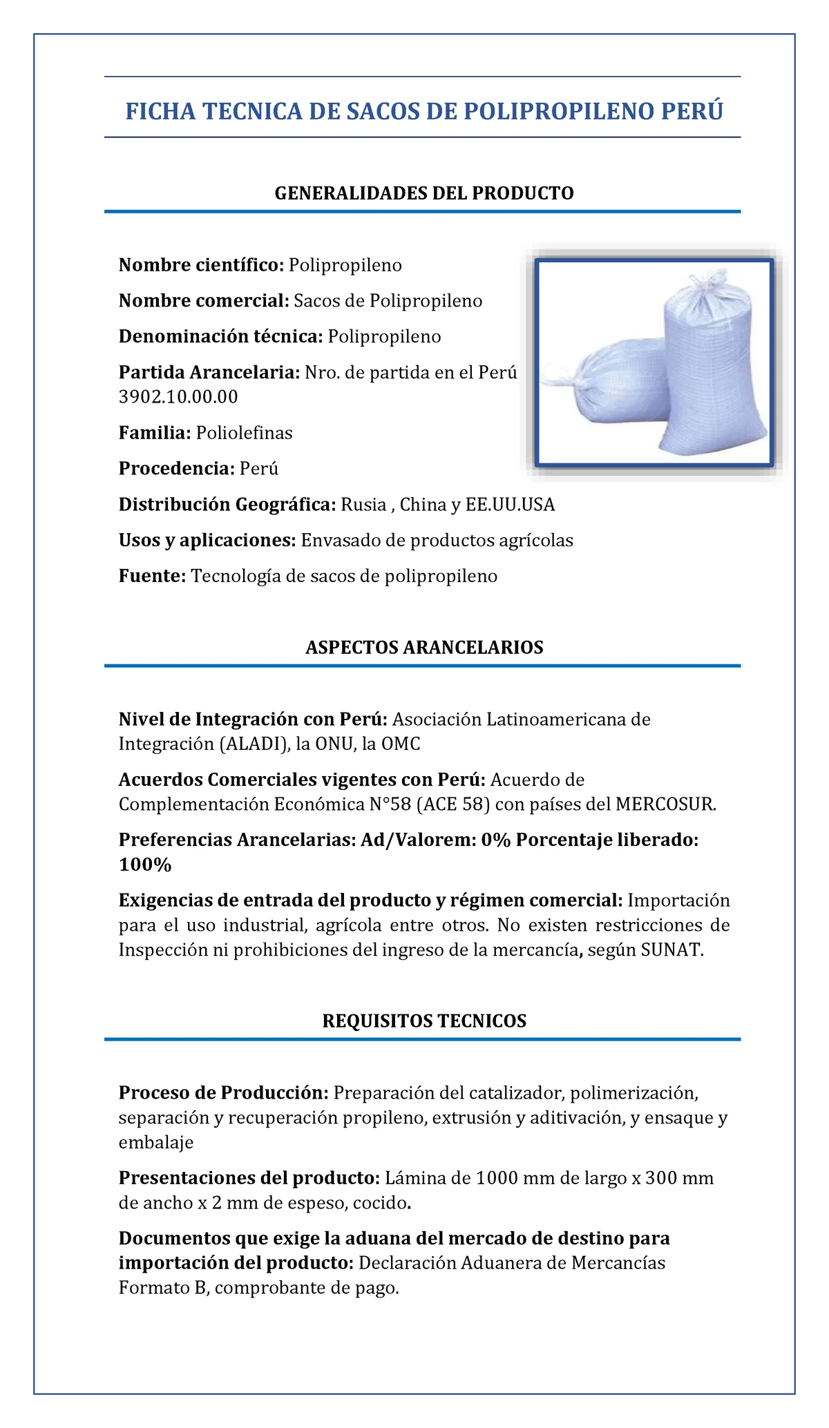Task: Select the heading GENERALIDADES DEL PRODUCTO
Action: (x=424, y=193)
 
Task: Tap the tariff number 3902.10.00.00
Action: (x=178, y=396)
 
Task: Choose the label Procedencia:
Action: (x=177, y=469)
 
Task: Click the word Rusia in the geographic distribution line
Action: (x=363, y=505)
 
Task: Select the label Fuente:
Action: (x=152, y=576)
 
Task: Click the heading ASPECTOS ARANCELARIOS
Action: (x=424, y=647)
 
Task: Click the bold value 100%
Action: (x=145, y=865)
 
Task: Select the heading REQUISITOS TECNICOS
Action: (x=424, y=1021)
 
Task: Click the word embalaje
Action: (x=156, y=1142)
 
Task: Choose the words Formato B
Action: (x=162, y=1288)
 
